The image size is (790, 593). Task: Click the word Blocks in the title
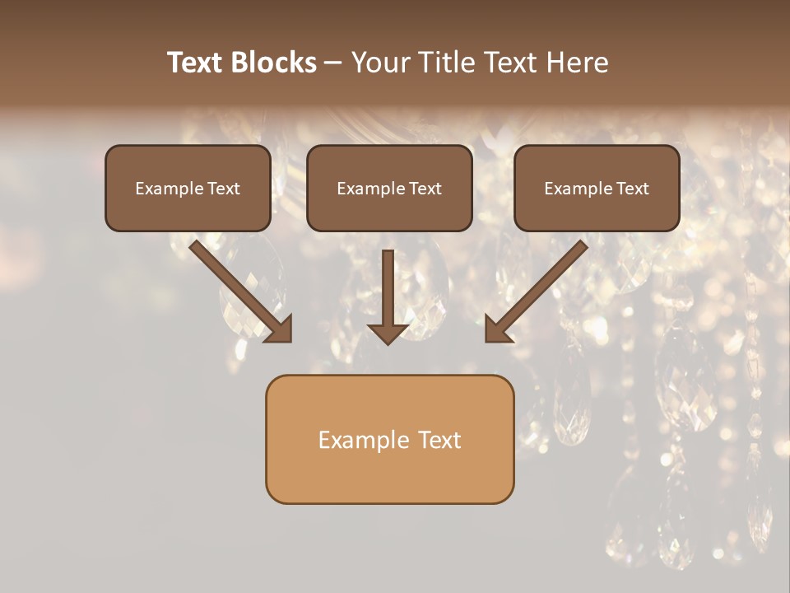[274, 63]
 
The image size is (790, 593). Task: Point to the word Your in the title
[379, 63]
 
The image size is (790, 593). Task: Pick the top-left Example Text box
[188, 189]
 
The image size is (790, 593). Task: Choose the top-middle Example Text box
[389, 189]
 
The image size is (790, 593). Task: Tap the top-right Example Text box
[597, 189]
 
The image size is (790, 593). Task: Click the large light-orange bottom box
[389, 439]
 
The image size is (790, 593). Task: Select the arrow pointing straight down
[388, 296]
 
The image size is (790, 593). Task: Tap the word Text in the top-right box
[631, 189]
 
